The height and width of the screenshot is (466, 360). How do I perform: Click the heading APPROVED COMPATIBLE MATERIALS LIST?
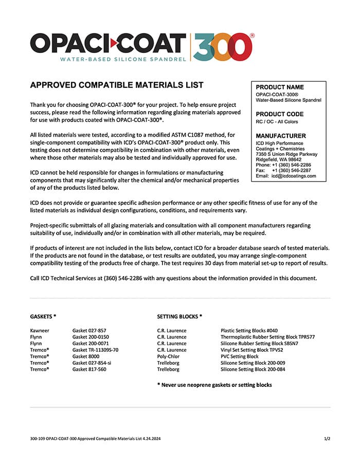pos(117,85)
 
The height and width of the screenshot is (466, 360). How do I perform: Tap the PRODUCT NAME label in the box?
pos(280,87)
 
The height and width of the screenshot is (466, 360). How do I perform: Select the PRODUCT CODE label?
pos(280,114)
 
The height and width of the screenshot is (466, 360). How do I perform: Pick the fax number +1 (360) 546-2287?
pos(291,170)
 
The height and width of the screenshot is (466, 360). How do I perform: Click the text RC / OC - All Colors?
pos(277,122)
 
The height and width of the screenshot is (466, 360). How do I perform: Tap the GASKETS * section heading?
pos(43,317)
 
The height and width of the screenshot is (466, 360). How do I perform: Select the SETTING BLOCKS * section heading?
pos(179,317)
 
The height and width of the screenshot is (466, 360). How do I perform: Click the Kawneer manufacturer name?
pos(40,330)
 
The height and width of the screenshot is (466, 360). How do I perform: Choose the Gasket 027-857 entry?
pos(89,330)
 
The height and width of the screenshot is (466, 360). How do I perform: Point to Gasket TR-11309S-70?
pos(95,350)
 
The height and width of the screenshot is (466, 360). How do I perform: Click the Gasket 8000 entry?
pos(86,356)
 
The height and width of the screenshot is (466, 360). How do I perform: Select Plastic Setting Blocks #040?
pos(249,330)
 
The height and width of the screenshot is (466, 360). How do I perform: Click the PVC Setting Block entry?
pos(240,356)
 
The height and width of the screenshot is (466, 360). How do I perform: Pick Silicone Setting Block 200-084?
pos(253,369)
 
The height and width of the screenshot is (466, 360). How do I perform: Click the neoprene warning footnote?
pos(214,385)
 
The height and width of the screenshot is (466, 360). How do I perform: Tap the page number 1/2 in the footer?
pos(327,439)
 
